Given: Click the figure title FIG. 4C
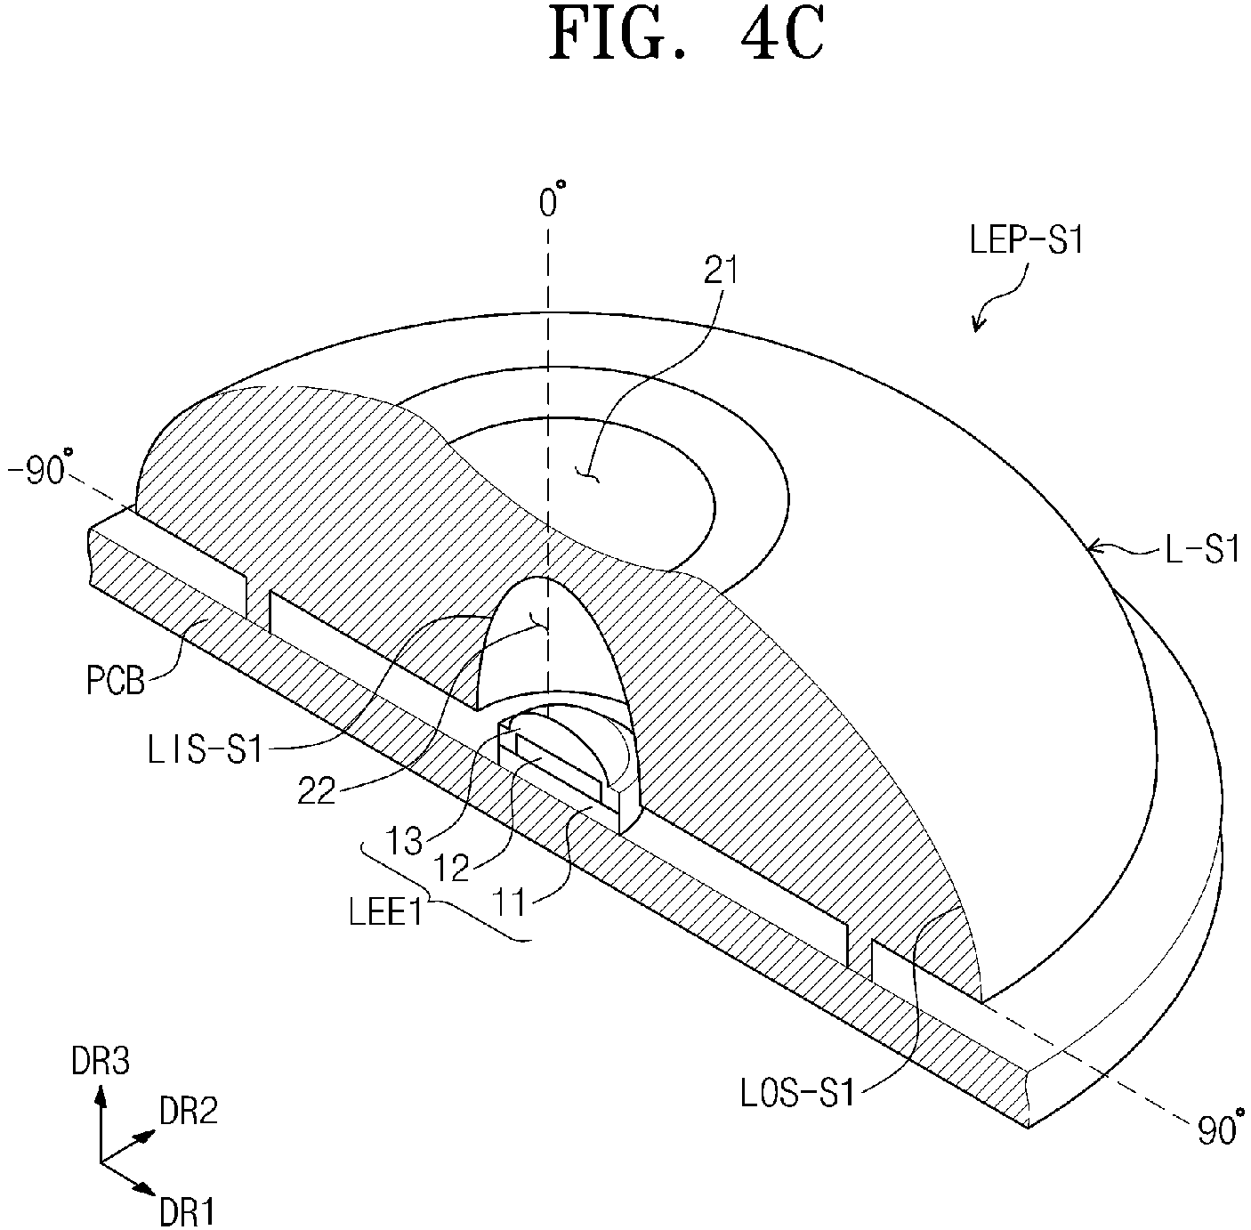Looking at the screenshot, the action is point(686,35).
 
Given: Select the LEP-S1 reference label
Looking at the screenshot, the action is point(1027,241).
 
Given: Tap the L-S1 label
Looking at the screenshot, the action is point(1203,549).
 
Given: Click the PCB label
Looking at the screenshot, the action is point(116,681).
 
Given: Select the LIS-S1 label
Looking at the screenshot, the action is point(205,750).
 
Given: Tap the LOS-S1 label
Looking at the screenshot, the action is point(797,1093).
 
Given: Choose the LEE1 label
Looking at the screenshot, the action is point(385,912).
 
